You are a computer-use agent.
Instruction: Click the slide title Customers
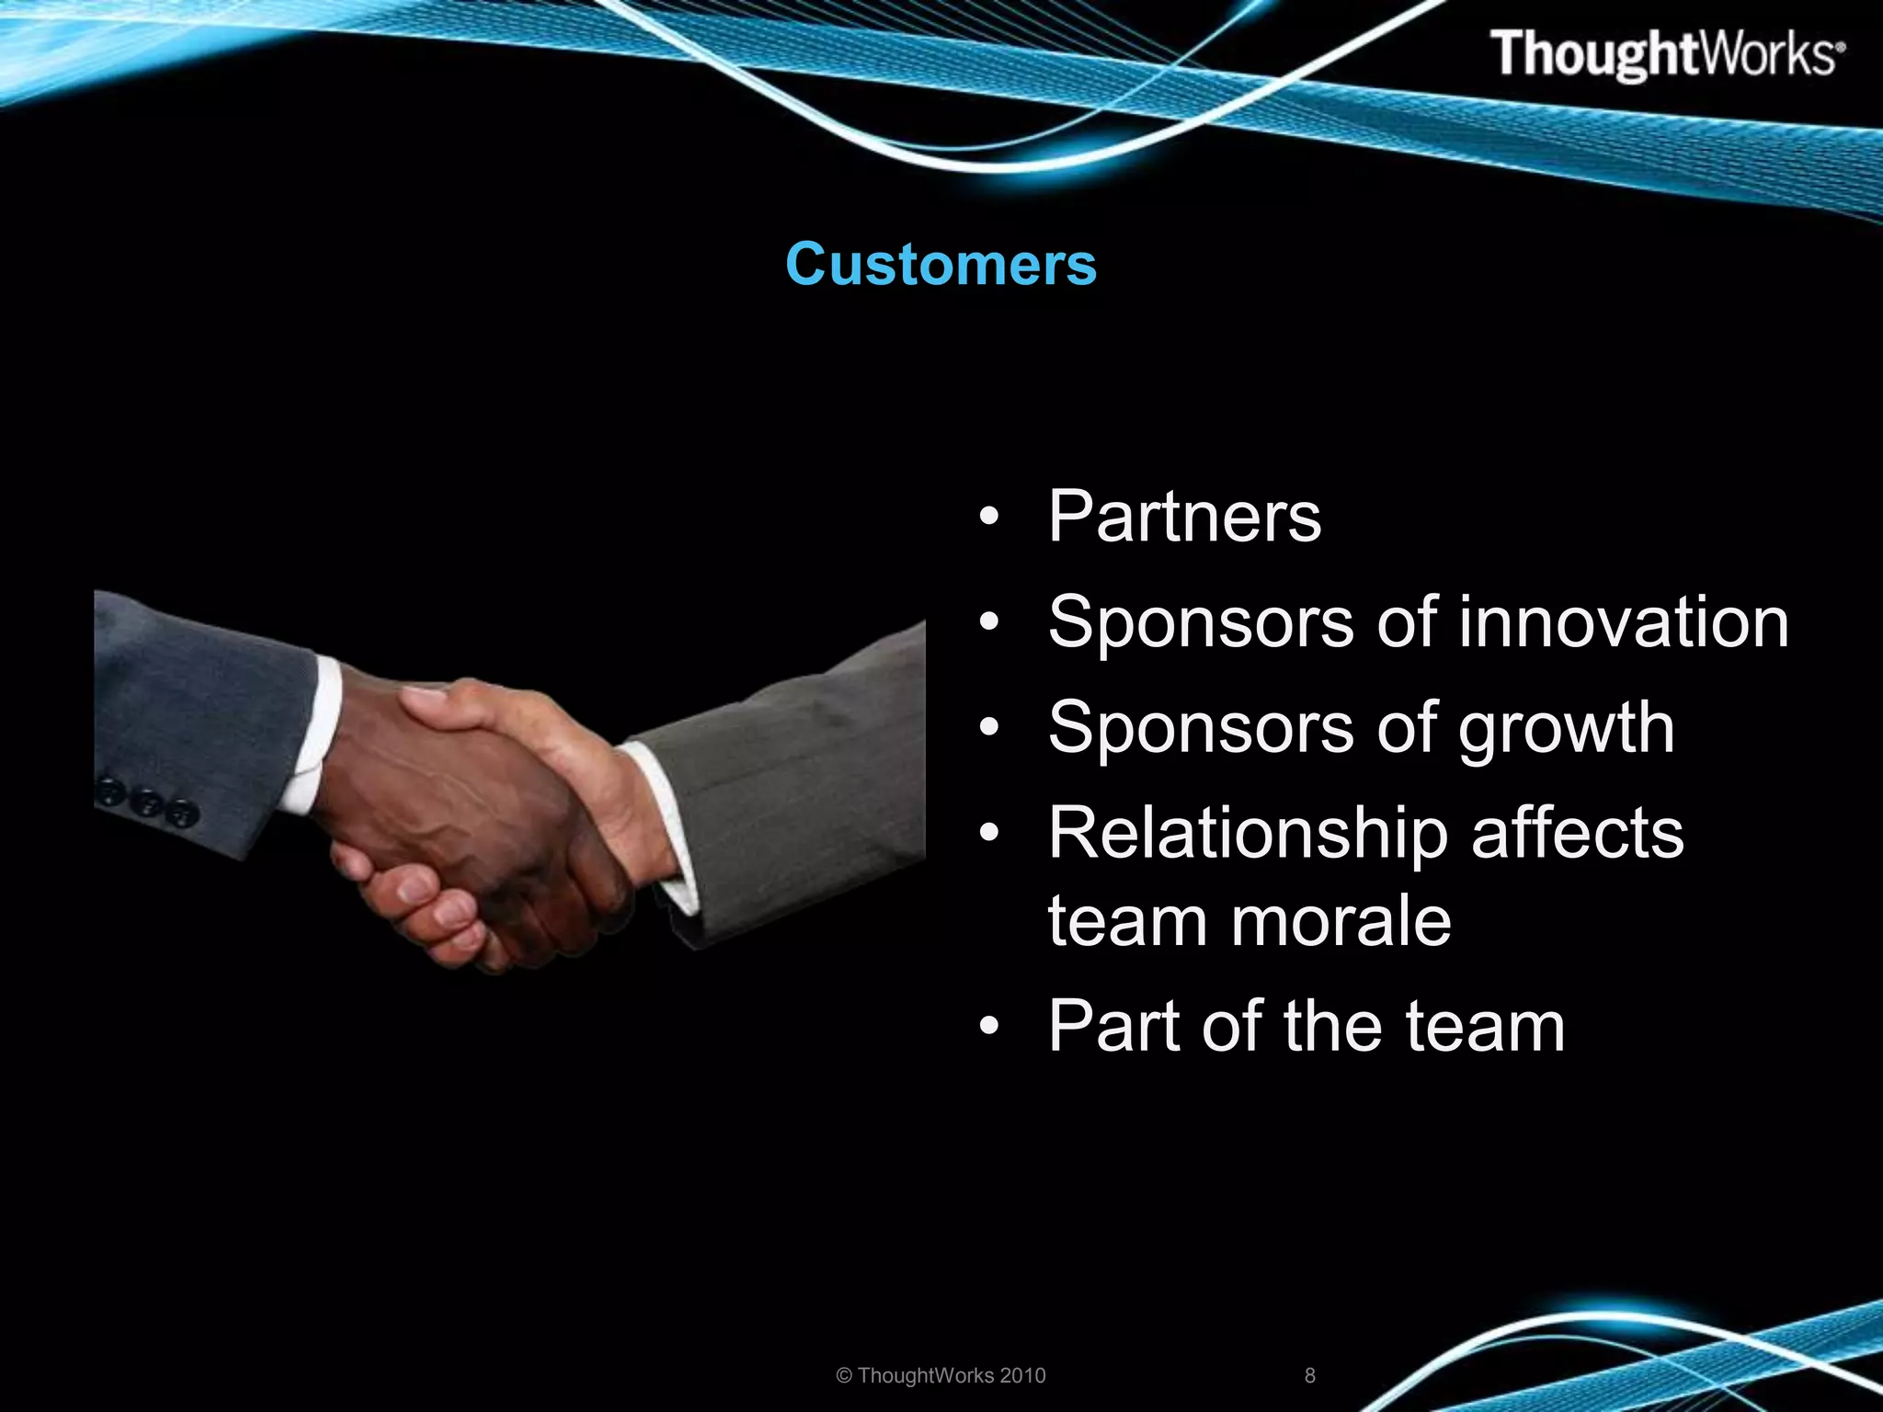tap(941, 265)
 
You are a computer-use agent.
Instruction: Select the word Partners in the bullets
tap(1184, 517)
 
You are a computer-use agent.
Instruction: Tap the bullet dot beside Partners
tap(988, 517)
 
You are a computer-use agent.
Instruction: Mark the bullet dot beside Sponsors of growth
tap(988, 728)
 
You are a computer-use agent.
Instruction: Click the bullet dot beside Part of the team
tap(988, 1026)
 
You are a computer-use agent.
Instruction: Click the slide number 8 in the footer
tap(1310, 1375)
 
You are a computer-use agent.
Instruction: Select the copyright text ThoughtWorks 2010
tap(941, 1375)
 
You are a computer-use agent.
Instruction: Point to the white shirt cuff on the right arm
tap(667, 827)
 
